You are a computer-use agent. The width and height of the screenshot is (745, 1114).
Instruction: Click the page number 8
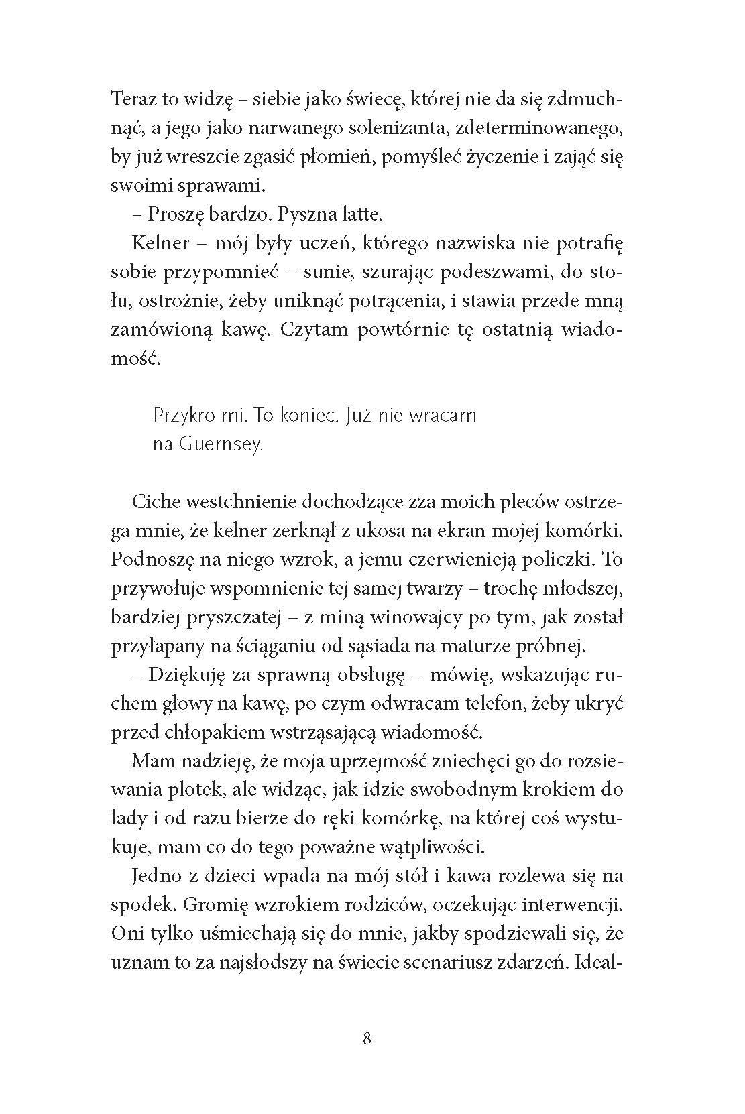367,1040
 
